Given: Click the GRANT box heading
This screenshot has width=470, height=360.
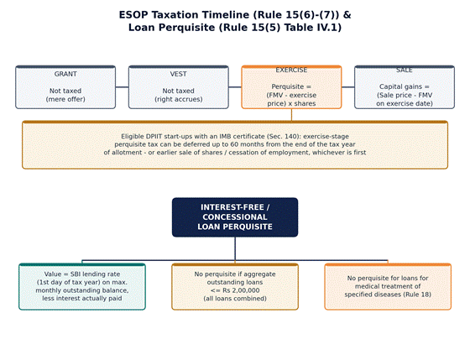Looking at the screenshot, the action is coord(65,74).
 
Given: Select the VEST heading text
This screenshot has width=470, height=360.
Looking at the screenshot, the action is coord(178,74).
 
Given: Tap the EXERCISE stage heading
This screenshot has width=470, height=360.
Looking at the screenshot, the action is coord(291,70).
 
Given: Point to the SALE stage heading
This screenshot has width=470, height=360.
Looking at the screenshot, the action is coord(405,70).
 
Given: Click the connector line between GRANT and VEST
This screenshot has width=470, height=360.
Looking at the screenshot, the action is coord(122,87).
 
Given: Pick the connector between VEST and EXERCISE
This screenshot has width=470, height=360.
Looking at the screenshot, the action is coord(235,87).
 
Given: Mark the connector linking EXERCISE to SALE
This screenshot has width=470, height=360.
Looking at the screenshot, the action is coord(348,87).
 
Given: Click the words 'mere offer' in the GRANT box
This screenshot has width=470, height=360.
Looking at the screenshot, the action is coord(65,99).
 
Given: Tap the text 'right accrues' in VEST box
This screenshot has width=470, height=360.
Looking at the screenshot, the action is coord(178,99).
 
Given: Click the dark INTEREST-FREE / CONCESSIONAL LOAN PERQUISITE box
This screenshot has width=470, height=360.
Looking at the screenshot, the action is coord(235,217).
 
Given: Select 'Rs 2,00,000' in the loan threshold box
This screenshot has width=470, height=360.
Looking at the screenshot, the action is coord(241,290).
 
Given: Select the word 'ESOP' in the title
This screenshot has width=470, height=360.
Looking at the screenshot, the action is coord(133,15).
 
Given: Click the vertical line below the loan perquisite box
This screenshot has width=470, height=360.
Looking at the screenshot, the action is coord(235,248).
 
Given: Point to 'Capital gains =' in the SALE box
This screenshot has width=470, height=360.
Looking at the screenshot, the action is coord(405,86).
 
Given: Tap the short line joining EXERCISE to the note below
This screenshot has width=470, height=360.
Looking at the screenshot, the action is coord(292,115).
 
